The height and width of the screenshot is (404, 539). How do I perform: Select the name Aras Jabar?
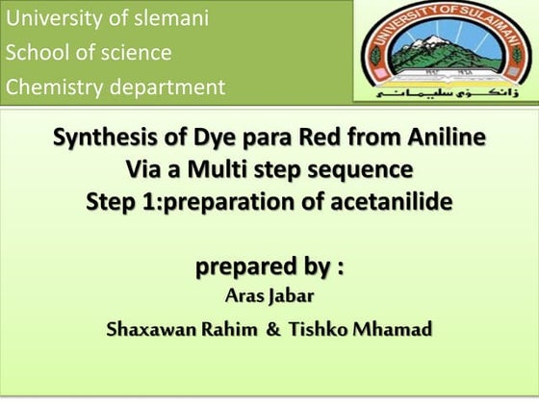269,296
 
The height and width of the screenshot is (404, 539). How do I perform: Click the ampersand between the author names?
272,330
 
